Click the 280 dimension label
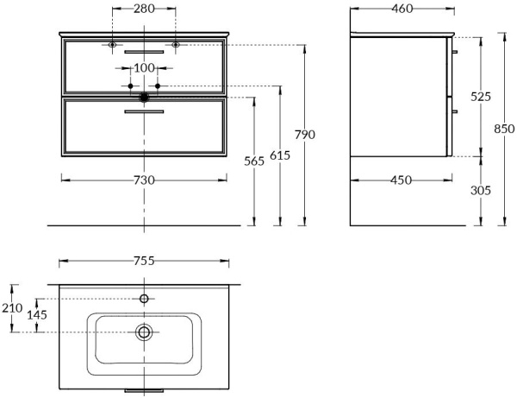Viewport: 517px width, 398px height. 144,9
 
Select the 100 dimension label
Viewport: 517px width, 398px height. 144,68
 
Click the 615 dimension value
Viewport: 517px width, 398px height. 279,155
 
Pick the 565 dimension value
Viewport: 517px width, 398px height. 253,161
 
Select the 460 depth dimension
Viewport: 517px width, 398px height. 402,9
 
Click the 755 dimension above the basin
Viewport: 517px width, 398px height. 144,261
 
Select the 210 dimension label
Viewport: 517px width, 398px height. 12,308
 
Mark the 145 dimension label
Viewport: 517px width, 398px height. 37,315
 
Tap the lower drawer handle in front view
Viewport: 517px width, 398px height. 144,111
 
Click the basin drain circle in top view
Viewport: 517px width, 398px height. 144,332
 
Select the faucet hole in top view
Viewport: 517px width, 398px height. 144,299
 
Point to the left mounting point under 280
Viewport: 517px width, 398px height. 113,44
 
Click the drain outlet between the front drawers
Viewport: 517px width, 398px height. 144,97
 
